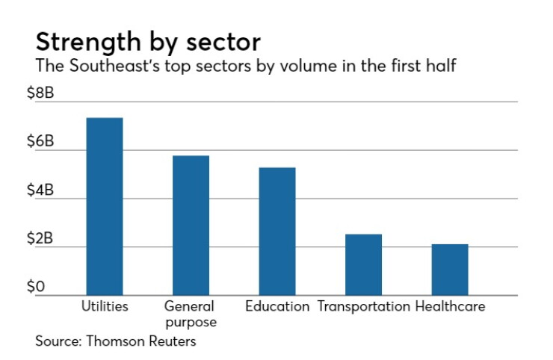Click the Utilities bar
click(105, 206)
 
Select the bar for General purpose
click(191, 226)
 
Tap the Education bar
click(277, 232)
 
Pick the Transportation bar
click(363, 264)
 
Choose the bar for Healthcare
click(450, 270)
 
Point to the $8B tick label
click(40, 93)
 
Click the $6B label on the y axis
click(40, 141)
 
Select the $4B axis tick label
click(40, 190)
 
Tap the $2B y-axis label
click(40, 238)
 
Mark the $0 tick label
click(36, 286)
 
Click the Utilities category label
click(105, 306)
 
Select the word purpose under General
click(191, 323)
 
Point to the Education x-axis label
click(277, 306)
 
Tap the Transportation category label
click(364, 306)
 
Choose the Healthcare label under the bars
click(450, 306)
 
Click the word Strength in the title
click(88, 43)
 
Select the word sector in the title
click(223, 43)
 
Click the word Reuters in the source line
click(173, 341)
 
